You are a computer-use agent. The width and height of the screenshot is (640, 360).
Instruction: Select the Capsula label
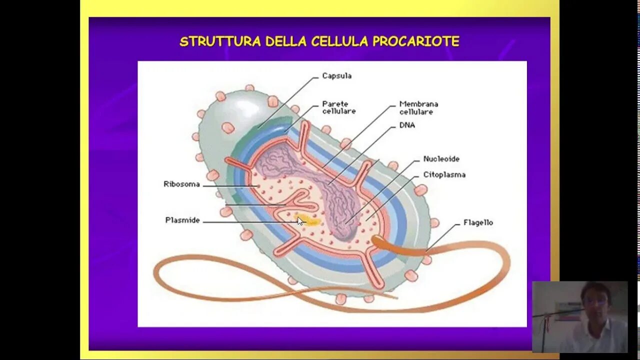(x=336, y=76)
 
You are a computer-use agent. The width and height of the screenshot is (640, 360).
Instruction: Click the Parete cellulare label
(x=338, y=107)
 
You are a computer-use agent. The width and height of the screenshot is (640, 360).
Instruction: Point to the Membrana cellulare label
(x=418, y=108)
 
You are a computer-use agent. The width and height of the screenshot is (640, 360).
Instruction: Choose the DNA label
(x=407, y=125)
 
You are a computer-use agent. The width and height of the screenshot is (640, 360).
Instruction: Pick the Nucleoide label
(x=441, y=159)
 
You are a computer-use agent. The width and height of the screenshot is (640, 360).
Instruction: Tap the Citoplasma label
(x=444, y=175)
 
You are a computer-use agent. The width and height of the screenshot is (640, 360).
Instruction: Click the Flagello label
(x=478, y=222)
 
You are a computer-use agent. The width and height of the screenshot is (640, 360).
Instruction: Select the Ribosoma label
(x=181, y=184)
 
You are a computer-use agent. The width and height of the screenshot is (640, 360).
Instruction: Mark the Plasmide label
(x=182, y=220)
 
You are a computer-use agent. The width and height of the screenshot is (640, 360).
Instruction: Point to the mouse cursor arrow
(x=300, y=221)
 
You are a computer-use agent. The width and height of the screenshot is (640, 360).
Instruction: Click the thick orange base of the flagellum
(x=395, y=246)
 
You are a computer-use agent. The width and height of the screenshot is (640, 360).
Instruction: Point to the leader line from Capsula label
(x=287, y=102)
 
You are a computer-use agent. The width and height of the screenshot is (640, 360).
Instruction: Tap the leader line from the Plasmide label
(x=245, y=222)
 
